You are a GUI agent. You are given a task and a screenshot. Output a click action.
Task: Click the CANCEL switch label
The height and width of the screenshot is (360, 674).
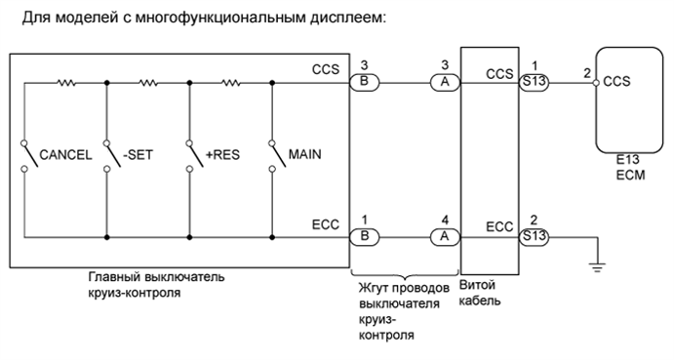(x=65, y=154)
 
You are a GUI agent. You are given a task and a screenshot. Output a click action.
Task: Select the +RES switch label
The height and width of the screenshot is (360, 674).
(x=223, y=154)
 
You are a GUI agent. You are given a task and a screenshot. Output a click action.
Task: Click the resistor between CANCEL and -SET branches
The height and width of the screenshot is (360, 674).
(x=65, y=83)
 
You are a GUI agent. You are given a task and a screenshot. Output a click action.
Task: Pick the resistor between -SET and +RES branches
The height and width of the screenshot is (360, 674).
(x=147, y=83)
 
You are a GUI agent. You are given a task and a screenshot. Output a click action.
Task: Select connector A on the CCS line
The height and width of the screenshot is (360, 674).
(x=444, y=83)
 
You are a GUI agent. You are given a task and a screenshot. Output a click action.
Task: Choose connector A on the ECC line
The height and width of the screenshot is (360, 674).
(x=444, y=236)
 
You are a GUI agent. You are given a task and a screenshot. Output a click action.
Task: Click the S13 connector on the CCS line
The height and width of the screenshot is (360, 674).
(x=534, y=83)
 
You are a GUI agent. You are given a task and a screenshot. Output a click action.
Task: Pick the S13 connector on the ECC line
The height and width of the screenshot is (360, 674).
(x=534, y=236)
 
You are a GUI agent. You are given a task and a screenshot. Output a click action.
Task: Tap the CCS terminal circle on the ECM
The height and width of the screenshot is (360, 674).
(x=597, y=83)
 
